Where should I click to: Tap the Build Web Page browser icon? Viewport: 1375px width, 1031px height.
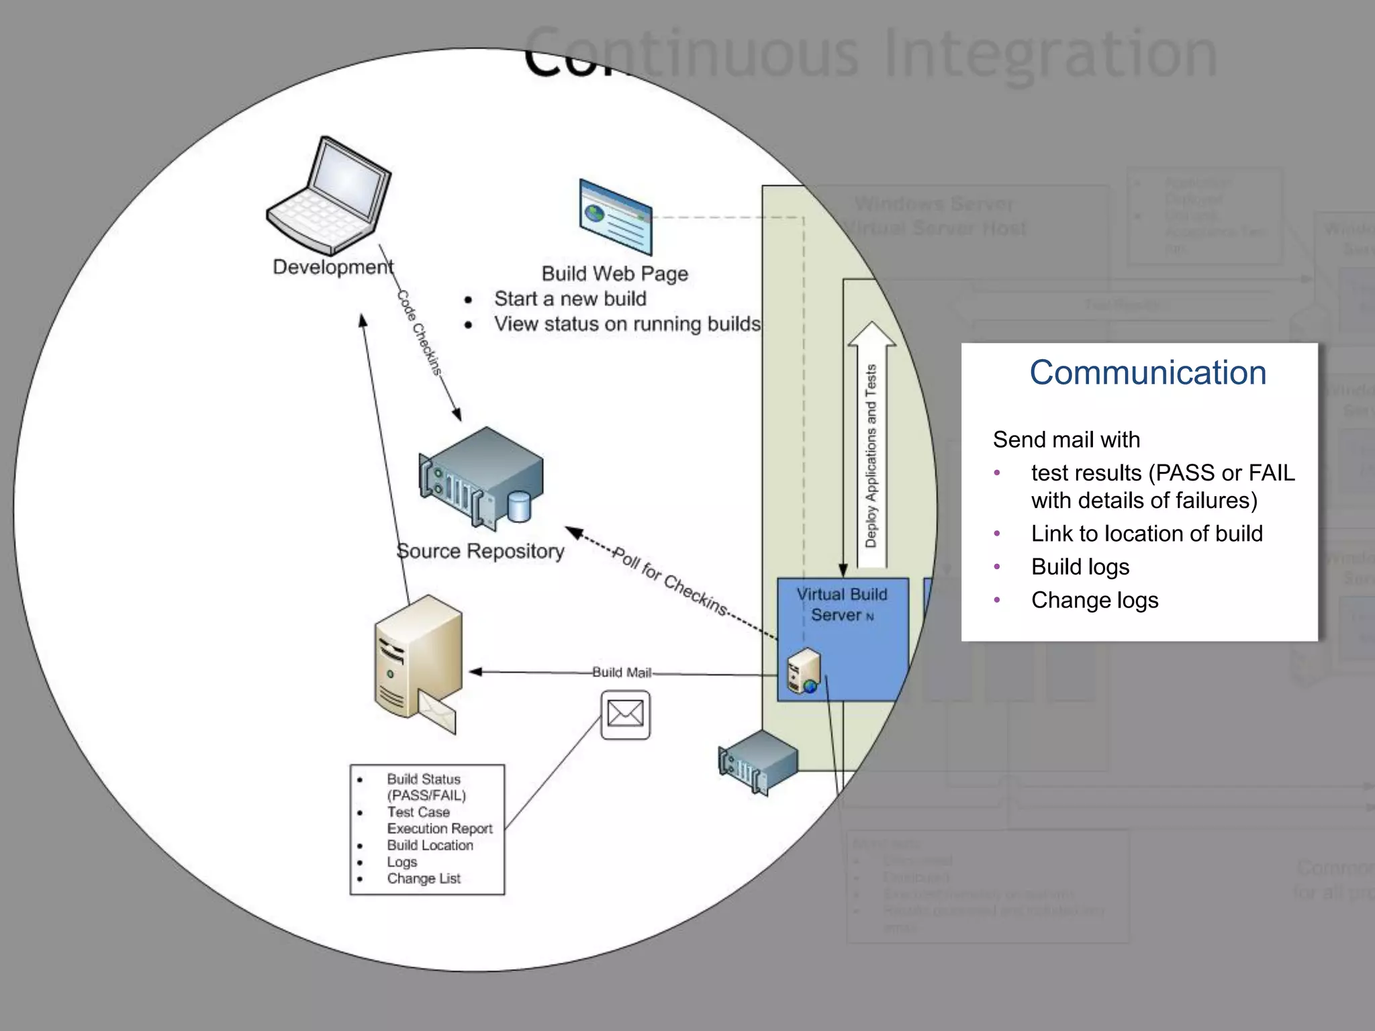615,216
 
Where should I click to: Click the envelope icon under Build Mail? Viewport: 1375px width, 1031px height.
625,715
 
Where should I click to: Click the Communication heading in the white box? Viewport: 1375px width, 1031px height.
1147,373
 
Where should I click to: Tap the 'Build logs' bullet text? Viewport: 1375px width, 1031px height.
1080,567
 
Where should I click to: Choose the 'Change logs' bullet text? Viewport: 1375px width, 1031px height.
1094,600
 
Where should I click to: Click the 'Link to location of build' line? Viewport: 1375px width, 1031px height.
1146,534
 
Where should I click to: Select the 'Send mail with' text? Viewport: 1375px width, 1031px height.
1066,440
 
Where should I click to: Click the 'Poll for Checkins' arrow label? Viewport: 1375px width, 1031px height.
670,581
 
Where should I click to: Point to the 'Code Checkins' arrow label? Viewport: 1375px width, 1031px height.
419,333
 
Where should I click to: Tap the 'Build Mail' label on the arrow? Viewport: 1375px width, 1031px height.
621,672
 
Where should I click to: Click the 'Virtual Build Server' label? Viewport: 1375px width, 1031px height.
841,604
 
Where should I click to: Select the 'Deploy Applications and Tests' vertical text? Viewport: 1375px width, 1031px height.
871,456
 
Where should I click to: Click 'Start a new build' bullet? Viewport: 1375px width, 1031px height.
569,299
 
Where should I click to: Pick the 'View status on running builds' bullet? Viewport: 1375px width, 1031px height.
627,324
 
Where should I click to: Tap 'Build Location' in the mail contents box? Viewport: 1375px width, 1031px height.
430,846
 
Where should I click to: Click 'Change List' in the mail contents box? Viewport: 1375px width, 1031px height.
423,879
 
